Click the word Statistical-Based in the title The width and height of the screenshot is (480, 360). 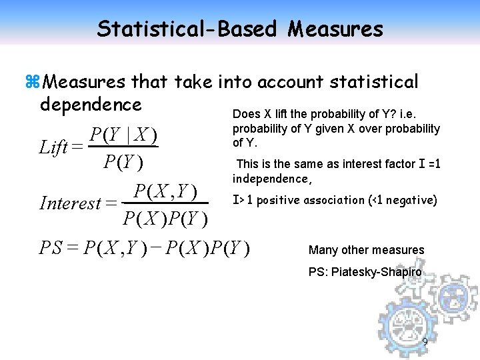click(187, 29)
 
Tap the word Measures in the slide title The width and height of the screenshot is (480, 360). click(336, 29)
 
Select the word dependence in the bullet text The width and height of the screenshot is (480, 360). click(91, 105)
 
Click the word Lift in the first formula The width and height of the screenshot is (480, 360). click(53, 147)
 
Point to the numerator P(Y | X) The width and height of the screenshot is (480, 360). click(123, 135)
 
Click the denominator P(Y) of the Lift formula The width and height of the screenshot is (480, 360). click(123, 162)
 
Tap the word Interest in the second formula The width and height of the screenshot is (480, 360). click(71, 203)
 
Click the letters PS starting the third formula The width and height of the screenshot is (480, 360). click(51, 248)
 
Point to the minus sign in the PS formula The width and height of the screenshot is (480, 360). click(157, 248)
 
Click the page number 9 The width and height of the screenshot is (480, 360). click(425, 343)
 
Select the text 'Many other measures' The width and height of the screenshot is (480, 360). click(366, 250)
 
